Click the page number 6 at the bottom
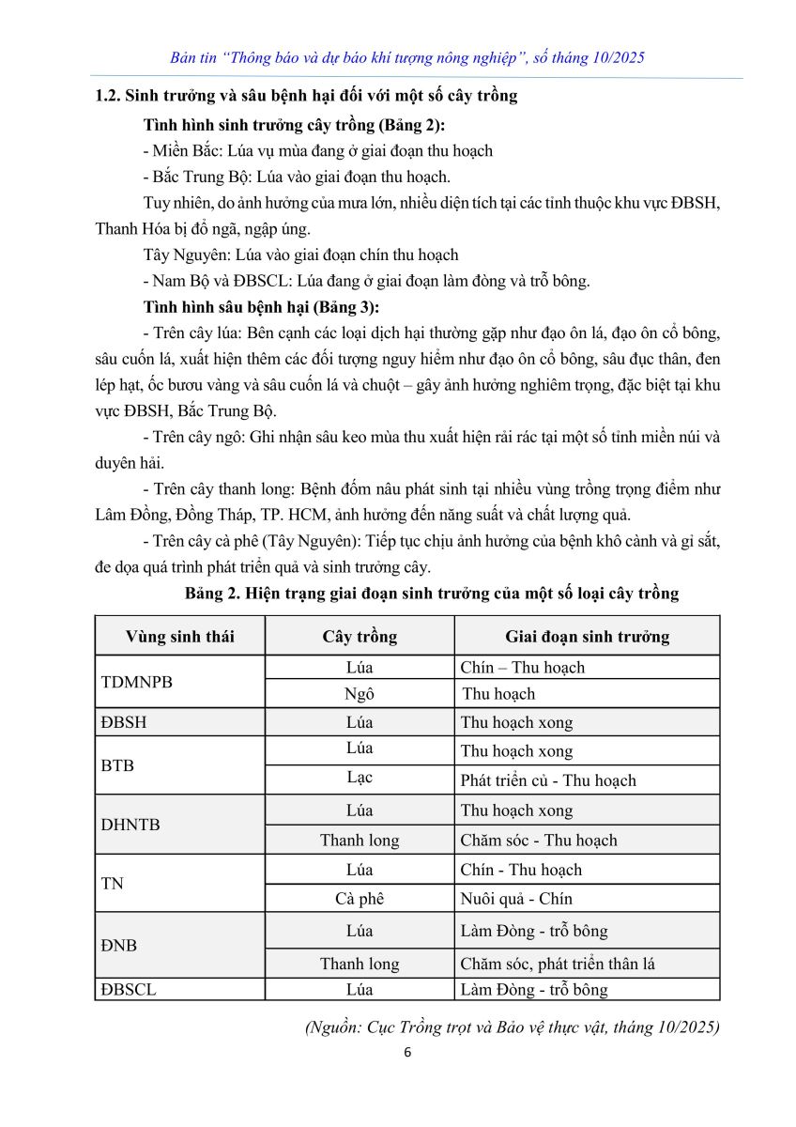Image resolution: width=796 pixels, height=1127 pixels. coord(406,1052)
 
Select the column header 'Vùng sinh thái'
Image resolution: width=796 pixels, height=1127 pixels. coord(180,636)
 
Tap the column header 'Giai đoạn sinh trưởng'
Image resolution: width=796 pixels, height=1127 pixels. coord(587,636)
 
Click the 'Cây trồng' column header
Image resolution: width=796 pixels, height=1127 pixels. coord(360,636)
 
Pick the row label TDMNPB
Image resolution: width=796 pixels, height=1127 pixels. coord(136,681)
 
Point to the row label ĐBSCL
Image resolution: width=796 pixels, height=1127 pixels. coord(129,989)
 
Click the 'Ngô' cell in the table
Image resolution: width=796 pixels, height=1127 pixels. coord(360,694)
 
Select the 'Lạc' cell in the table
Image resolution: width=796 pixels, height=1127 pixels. coord(360,779)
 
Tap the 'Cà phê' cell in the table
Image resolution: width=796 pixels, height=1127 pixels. coord(360,899)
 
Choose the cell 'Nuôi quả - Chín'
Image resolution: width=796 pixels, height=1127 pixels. coord(516,899)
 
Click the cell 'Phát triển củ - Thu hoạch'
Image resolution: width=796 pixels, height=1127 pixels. coord(548,780)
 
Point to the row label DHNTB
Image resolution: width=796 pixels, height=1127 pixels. coord(130,825)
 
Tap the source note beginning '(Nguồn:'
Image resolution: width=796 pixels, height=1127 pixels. coord(513,1027)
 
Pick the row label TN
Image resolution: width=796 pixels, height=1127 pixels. coord(112,884)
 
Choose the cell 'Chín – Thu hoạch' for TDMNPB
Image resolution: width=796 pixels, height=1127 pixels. coord(523,668)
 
